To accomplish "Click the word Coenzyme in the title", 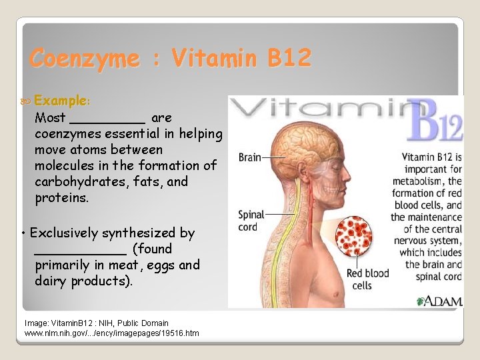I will tap(85, 59).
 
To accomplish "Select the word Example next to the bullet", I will tap(62, 101).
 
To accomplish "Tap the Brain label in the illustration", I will tap(249, 158).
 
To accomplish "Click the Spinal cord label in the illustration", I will tap(251, 221).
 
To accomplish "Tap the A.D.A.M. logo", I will tap(439, 301).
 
